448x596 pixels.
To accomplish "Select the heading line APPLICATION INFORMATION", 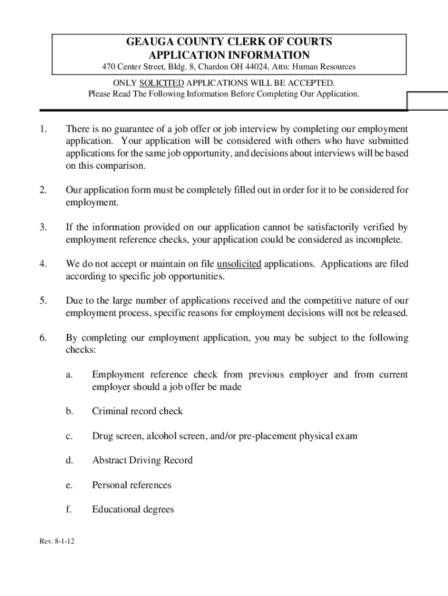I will click(229, 55).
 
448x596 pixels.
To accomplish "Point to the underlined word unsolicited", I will click(239, 264).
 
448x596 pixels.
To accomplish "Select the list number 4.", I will click(43, 264).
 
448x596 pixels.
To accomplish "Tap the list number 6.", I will click(43, 338).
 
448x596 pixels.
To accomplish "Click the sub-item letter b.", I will click(69, 411).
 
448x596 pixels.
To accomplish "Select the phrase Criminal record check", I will click(137, 411).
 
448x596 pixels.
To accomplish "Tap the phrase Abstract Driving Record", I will click(142, 460).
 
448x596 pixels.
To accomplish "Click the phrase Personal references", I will click(131, 485).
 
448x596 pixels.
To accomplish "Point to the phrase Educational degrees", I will click(133, 509).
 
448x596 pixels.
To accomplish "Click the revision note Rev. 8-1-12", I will click(57, 542).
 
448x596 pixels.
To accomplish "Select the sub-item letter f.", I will click(69, 509).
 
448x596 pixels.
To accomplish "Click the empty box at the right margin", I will click(428, 101).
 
